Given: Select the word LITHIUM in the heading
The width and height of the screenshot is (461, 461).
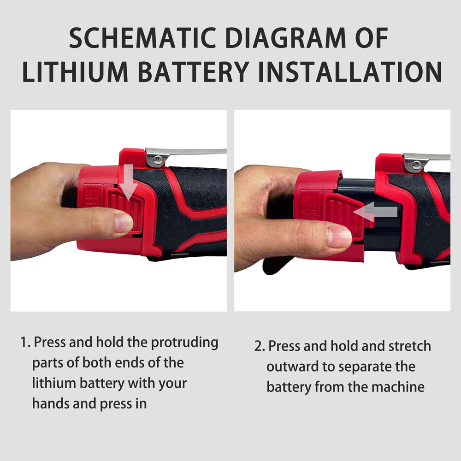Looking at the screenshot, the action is click(x=75, y=72).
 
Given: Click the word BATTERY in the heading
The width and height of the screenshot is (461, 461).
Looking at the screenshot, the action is click(x=194, y=72).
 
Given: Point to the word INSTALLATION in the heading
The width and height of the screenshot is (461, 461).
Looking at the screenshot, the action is click(x=350, y=72).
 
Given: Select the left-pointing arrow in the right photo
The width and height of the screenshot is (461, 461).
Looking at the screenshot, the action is click(x=375, y=212).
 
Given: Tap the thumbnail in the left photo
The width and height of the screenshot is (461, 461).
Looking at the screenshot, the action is click(x=124, y=223).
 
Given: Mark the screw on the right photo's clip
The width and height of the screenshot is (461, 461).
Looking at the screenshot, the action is click(x=416, y=165).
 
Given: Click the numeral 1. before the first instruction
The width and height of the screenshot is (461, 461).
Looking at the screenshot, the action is click(x=25, y=342).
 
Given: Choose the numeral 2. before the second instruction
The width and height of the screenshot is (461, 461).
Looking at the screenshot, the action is click(x=260, y=346).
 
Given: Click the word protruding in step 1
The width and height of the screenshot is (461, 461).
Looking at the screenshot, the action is click(x=185, y=343).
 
